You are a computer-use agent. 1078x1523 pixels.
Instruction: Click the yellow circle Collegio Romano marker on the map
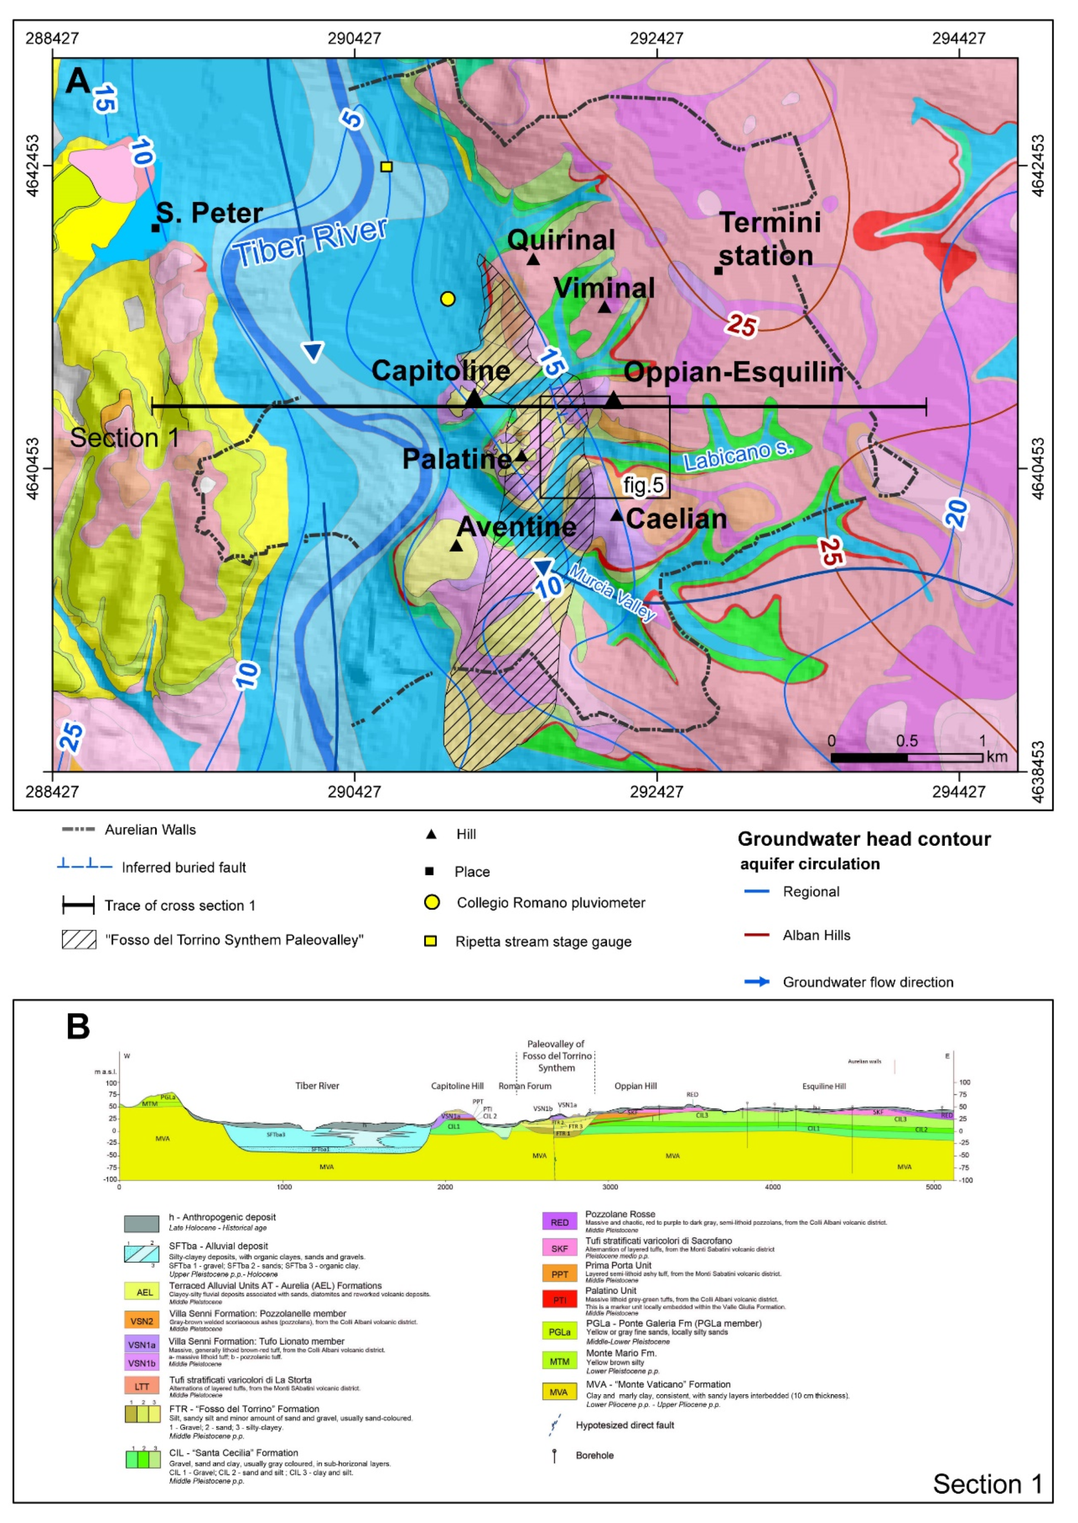pyautogui.click(x=448, y=299)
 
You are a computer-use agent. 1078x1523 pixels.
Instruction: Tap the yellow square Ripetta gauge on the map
pyautogui.click(x=386, y=166)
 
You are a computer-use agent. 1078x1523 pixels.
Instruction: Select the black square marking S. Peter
pyautogui.click(x=155, y=228)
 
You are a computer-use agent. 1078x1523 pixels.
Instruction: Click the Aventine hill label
pyautogui.click(x=517, y=527)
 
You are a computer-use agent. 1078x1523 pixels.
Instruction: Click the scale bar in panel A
pyautogui.click(x=906, y=757)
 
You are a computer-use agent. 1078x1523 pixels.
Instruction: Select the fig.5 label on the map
pyautogui.click(x=643, y=485)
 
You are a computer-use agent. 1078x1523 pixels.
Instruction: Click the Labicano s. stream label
pyautogui.click(x=738, y=457)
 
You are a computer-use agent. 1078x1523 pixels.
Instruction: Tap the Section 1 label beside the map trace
pyautogui.click(x=124, y=438)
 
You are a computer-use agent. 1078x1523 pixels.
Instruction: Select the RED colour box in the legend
pyautogui.click(x=560, y=1222)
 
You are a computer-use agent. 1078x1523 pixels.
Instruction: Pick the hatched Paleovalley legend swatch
pyautogui.click(x=79, y=940)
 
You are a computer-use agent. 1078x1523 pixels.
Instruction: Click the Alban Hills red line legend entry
pyautogui.click(x=757, y=935)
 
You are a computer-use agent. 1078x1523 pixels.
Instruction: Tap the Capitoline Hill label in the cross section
pyautogui.click(x=457, y=1086)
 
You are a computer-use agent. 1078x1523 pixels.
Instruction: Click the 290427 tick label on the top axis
pyautogui.click(x=354, y=38)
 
